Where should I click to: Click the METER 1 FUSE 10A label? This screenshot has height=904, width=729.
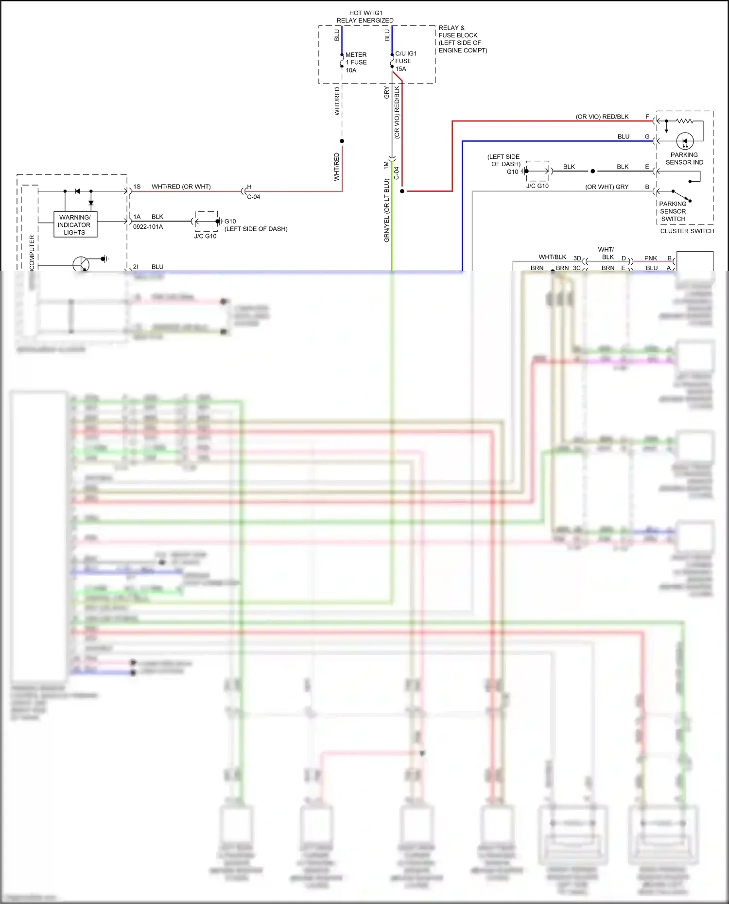tap(356, 62)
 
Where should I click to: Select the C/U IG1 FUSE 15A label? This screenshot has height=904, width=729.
tap(405, 61)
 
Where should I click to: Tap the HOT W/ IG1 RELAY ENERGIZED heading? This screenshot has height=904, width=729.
tap(365, 17)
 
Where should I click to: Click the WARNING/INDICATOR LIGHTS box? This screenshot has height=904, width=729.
tap(75, 224)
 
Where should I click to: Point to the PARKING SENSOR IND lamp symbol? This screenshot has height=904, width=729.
tap(685, 141)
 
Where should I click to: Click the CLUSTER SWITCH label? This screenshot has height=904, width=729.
tap(687, 231)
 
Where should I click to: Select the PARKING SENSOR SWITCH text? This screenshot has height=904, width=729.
tap(673, 211)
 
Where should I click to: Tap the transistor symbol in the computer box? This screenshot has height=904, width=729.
tap(81, 265)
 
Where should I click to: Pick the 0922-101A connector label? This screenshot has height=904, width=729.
tap(148, 226)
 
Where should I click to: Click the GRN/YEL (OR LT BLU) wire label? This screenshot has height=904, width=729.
tap(387, 210)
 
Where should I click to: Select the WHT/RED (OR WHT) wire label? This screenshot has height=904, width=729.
tap(181, 187)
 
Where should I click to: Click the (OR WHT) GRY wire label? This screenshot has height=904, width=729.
tap(607, 187)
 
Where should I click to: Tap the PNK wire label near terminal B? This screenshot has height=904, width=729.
tap(650, 258)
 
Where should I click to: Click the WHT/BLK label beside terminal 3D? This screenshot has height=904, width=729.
tap(552, 257)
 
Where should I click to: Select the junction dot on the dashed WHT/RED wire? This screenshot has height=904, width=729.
tap(342, 141)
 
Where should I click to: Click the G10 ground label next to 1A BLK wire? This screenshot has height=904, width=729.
tap(230, 221)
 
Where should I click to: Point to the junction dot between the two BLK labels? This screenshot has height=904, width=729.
tap(592, 171)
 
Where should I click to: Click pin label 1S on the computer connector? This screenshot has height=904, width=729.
tap(137, 187)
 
